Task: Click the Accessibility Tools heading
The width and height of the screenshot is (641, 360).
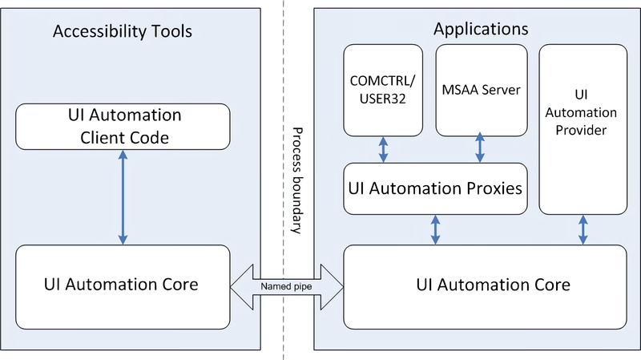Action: tap(123, 32)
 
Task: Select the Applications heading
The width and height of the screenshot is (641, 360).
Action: tap(481, 29)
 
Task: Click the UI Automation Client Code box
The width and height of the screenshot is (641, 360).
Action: tap(123, 127)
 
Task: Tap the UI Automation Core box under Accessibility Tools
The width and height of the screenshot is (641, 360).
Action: tap(123, 284)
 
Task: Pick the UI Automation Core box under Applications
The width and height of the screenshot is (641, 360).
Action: tap(484, 284)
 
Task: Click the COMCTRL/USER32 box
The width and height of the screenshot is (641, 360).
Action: tap(383, 89)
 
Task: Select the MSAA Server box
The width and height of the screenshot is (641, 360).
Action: tap(481, 89)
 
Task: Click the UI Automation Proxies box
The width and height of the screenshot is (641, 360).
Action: tap(435, 188)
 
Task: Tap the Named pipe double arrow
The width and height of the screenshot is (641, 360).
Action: tap(287, 285)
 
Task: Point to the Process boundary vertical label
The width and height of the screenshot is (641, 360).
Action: tap(296, 180)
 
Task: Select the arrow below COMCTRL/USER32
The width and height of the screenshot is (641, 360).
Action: tap(384, 149)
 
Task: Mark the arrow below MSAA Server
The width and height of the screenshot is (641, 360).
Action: tap(480, 149)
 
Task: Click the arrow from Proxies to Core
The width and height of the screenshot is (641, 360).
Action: tap(435, 229)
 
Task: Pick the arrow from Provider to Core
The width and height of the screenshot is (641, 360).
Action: tap(582, 229)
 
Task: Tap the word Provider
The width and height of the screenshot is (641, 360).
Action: tap(582, 130)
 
